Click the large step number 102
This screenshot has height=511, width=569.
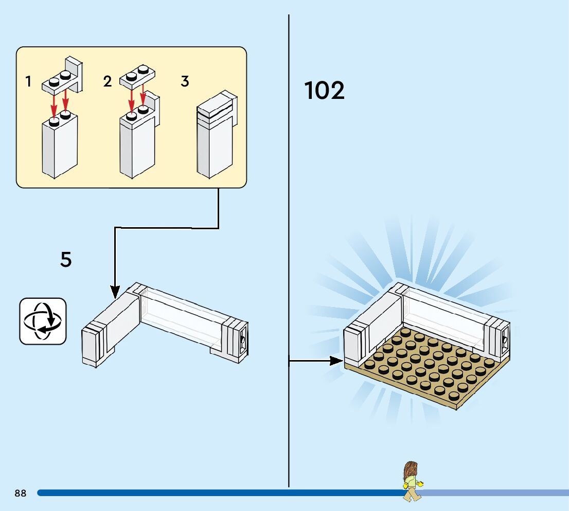click(324, 90)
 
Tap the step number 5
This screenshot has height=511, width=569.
click(66, 259)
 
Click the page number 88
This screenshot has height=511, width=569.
click(21, 493)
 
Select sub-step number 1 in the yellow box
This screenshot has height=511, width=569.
click(28, 81)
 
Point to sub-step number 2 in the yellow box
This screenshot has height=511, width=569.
click(107, 81)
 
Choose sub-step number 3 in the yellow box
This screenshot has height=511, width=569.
click(185, 81)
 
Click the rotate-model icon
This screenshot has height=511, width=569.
click(43, 321)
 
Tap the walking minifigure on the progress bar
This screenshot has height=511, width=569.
click(413, 481)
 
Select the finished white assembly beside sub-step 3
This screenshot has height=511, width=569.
click(217, 134)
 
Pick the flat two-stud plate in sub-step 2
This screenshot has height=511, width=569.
click(137, 76)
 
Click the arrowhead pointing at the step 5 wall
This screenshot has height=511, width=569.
click(115, 292)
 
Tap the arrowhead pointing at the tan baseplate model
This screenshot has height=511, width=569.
click(336, 361)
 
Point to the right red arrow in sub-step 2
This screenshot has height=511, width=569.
click(144, 95)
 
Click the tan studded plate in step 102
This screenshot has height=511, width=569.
click(427, 368)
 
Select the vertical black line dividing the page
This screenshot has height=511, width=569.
click(289, 251)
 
